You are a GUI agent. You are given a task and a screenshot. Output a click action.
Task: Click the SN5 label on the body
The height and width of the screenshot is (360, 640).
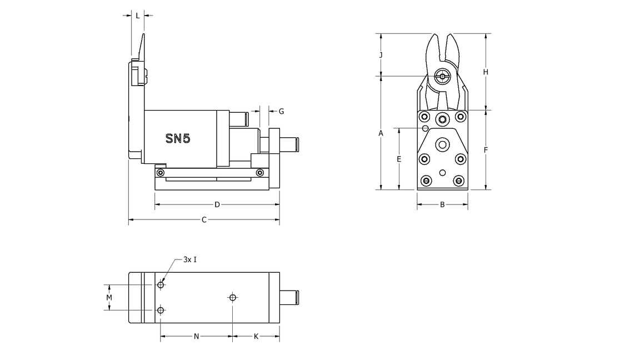[x=178, y=138]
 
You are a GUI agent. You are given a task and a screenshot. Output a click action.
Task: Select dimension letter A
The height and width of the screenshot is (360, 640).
[x=381, y=133]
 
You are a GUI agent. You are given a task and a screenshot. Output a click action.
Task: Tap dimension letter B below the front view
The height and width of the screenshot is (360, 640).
[x=442, y=204]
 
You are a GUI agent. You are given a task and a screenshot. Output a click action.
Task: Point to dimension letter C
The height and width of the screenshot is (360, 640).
[x=204, y=220]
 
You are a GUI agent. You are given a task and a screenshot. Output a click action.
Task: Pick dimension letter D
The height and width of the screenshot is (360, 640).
[x=217, y=204]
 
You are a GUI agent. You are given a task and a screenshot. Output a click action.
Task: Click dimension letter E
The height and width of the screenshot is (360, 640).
[x=399, y=159]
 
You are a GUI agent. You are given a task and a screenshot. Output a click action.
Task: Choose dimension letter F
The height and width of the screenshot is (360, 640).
[x=486, y=150]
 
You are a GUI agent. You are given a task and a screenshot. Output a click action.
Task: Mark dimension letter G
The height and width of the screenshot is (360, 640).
[x=281, y=111]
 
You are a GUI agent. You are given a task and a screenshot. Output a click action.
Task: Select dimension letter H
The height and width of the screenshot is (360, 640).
[x=486, y=72]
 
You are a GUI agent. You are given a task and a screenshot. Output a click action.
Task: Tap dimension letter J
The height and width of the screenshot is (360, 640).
[x=381, y=54]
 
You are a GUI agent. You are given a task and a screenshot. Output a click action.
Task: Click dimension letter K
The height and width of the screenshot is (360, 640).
[x=256, y=337]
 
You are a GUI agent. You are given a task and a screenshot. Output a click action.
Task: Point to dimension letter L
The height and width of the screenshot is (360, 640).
[x=138, y=16]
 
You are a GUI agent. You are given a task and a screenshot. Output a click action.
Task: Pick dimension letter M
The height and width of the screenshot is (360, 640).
[x=109, y=298]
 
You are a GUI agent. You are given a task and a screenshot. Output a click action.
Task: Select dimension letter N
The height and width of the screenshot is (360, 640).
[x=196, y=337]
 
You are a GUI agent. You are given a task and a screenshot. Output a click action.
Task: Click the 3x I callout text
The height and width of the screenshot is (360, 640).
[x=190, y=259]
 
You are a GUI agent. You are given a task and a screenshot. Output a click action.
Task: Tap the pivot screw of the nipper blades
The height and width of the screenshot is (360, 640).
[x=443, y=76]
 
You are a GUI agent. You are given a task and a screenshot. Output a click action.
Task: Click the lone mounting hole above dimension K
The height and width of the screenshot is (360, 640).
[x=233, y=298]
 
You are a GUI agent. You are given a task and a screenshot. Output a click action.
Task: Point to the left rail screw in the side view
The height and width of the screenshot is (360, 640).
[x=161, y=173]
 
